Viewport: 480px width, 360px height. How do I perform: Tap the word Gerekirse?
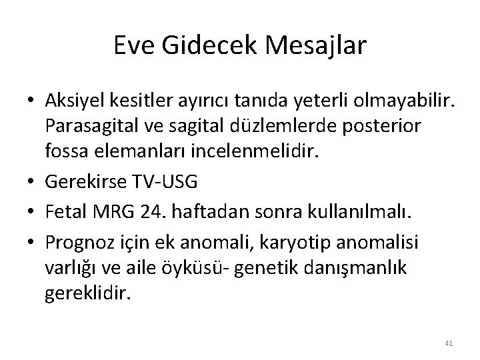[x=80, y=181]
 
